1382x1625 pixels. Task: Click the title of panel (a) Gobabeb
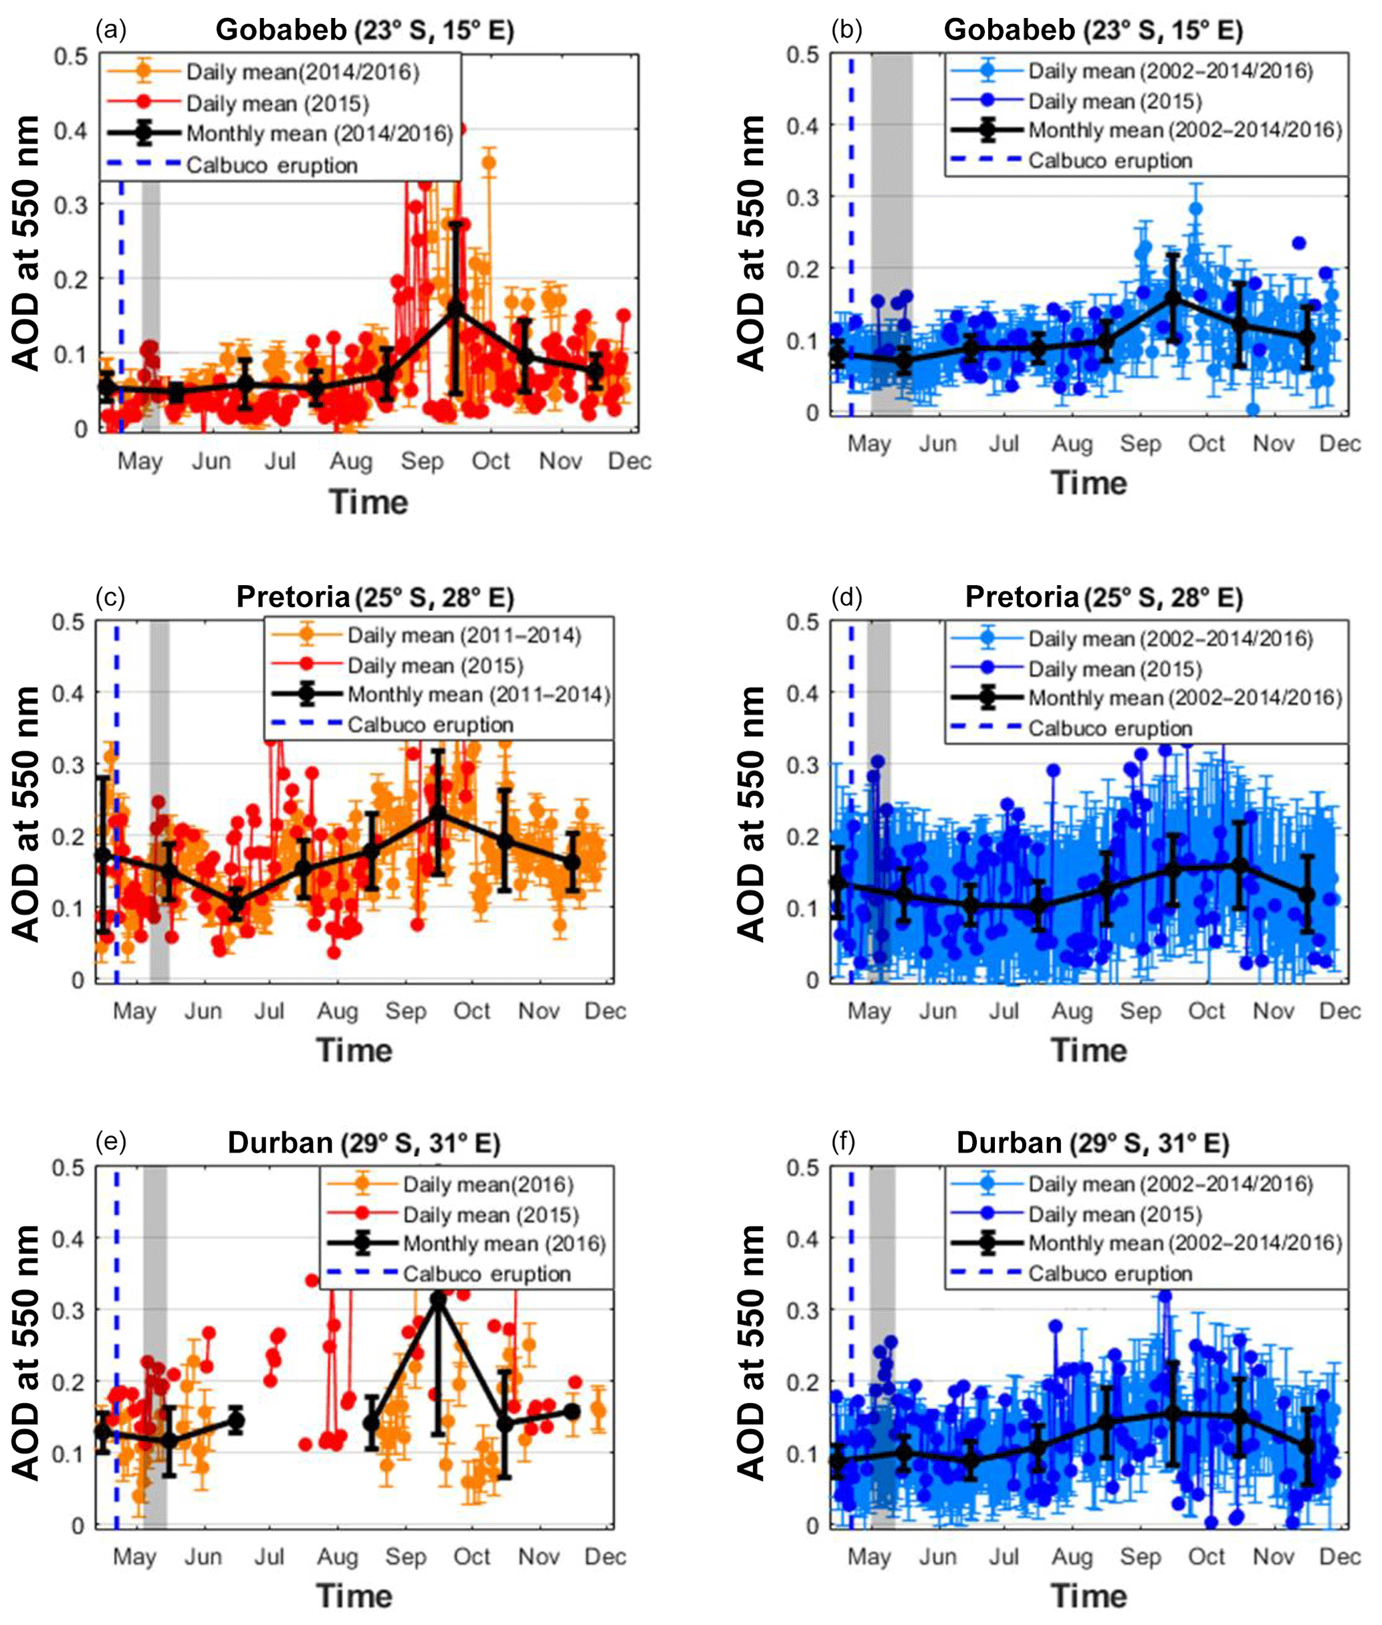click(364, 30)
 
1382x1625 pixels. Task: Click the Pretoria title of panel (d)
click(1103, 597)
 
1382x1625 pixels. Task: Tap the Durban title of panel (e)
click(364, 1142)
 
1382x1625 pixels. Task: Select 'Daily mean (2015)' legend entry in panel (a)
click(277, 104)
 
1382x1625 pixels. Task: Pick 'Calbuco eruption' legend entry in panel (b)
click(1109, 160)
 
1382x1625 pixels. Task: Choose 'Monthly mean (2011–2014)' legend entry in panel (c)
click(478, 694)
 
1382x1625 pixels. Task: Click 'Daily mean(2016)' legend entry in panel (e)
click(487, 1184)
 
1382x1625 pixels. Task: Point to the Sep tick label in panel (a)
click(421, 461)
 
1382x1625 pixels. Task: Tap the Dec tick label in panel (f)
click(1339, 1556)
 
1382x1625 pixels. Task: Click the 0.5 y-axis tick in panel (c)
click(68, 622)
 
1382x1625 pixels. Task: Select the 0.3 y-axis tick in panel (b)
click(803, 197)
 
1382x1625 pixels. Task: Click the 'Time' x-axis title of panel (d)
click(1088, 1050)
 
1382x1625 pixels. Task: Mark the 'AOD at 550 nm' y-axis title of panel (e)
click(26, 1352)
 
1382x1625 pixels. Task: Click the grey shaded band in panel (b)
click(891, 235)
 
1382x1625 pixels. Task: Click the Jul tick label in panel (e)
click(269, 1556)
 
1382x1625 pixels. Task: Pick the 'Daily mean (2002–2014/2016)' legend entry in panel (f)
click(1169, 1184)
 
